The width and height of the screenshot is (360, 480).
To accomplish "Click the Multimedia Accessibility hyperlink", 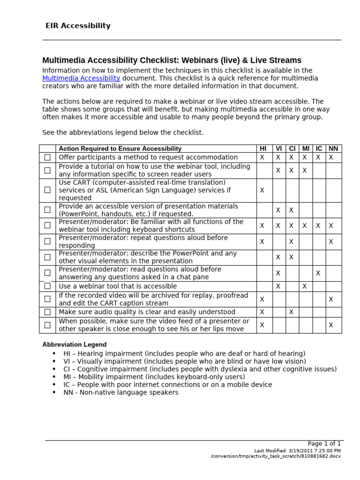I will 81,78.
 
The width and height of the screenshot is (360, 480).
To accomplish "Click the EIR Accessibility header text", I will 78,26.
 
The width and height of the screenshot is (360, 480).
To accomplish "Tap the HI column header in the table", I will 262,149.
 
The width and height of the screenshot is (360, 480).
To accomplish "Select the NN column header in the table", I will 333,149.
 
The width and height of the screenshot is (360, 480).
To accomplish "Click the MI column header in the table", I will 306,149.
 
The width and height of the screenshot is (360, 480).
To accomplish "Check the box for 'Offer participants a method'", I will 47,157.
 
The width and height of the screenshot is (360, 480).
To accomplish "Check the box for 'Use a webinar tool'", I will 47,286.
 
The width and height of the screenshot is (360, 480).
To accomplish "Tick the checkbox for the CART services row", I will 47,190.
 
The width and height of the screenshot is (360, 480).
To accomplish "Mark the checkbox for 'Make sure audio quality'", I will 47,312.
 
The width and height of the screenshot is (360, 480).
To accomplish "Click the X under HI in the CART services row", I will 262,190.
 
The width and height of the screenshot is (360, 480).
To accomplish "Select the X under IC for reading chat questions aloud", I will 318,273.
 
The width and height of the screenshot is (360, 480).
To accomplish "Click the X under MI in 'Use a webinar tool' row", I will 304,286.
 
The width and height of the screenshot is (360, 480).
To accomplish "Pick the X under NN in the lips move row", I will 331,325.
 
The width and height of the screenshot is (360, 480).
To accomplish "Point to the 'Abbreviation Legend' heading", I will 74,345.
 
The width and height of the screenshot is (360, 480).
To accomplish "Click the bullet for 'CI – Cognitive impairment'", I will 54,369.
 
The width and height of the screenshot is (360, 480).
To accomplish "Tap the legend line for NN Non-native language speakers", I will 121,392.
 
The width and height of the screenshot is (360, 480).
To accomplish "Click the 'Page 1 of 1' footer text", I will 324,443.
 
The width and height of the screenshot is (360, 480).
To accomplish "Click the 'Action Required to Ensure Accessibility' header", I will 120,149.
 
